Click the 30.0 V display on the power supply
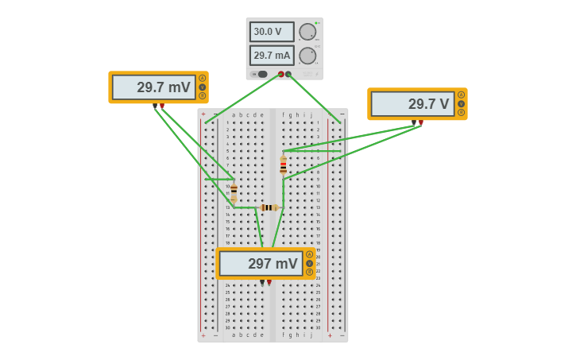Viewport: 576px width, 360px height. pos(272,32)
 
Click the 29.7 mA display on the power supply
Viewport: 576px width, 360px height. pos(272,56)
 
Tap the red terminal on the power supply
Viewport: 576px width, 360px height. pos(280,74)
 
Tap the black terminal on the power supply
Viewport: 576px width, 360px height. pos(288,74)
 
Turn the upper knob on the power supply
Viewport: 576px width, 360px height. pos(307,32)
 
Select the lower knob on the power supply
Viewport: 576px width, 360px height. pos(307,56)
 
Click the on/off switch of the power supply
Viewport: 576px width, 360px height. pos(260,74)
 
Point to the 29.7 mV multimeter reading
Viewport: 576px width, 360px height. pos(154,87)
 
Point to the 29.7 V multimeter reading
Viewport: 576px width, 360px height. pos(412,104)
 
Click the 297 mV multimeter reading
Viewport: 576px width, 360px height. pos(261,264)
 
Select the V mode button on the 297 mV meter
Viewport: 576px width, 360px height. pos(310,263)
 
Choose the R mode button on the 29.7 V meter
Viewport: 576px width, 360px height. pos(461,113)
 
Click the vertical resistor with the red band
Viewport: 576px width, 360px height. pos(283,165)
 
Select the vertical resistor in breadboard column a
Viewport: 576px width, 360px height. pos(234,191)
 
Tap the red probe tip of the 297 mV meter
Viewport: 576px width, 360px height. pos(269,282)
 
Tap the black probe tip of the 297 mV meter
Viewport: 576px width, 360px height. pos(262,282)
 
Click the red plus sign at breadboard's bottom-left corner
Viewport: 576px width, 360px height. pos(203,335)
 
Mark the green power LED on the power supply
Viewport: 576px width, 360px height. pos(315,22)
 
